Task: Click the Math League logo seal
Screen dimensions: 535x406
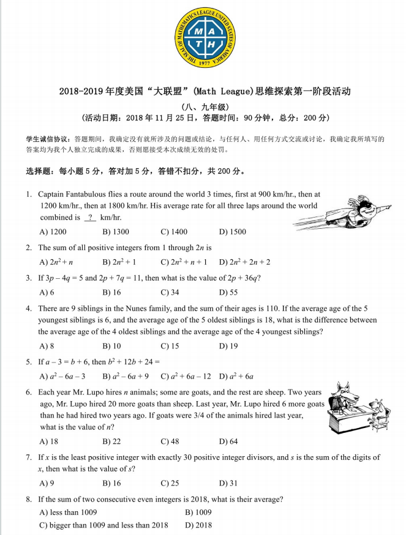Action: [x=202, y=38]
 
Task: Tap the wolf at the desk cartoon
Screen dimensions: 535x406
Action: [x=358, y=409]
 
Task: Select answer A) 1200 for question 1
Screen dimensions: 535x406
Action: [x=53, y=232]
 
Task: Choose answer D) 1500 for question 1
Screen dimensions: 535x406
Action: [x=233, y=232]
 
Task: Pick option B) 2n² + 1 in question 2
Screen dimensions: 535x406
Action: [x=119, y=262]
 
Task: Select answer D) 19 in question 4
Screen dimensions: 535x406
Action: [x=228, y=346]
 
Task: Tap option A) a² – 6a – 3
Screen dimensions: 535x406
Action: [x=62, y=376]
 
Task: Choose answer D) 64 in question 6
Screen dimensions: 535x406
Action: [x=228, y=441]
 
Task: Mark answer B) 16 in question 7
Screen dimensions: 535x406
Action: [x=112, y=483]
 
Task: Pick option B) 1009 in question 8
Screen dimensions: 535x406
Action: [x=198, y=512]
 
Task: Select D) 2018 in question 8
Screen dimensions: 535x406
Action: [x=198, y=525]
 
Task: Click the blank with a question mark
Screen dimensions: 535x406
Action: [x=90, y=218]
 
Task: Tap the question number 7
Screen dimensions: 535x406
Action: [x=29, y=457]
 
